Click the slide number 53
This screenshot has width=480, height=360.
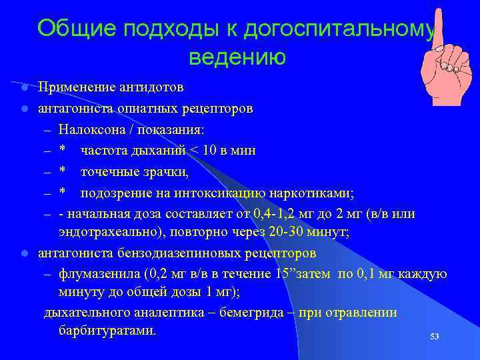[434, 337]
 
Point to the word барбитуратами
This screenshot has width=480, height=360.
[107, 331]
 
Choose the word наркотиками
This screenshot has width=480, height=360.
[311, 194]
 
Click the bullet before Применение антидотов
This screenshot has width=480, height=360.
[23, 88]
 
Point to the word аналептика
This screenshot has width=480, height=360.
[168, 313]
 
